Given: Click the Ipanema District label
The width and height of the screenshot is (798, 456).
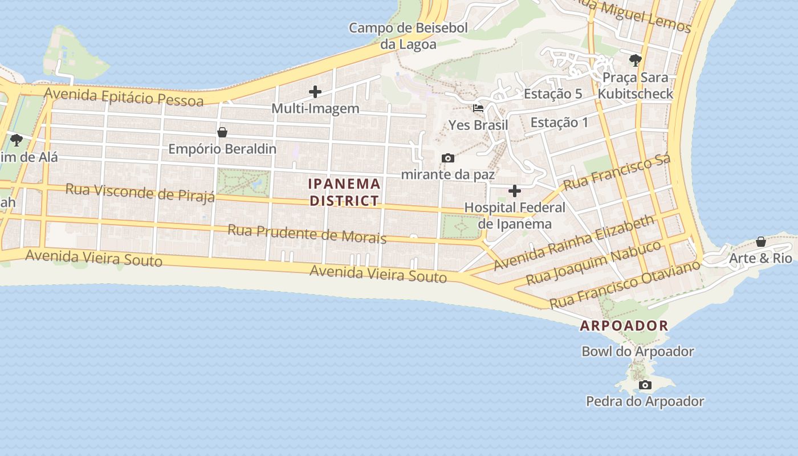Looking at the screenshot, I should (344, 192).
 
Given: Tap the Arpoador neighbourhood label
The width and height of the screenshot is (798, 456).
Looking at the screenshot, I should (624, 326).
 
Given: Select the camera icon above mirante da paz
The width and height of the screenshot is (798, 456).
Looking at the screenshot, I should (448, 158).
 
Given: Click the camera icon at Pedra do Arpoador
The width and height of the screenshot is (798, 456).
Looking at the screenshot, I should (645, 385).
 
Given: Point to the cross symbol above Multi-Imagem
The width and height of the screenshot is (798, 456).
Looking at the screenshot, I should (315, 91).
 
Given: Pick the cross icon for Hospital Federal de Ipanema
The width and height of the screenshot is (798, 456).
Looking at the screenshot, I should (515, 191).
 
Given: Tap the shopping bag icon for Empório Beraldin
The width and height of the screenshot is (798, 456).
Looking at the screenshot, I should (222, 132).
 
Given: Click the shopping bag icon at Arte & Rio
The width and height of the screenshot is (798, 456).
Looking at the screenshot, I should (760, 242).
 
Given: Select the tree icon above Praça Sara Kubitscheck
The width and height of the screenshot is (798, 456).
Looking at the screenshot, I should (635, 60).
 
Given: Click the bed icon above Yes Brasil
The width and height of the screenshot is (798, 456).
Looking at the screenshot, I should (478, 108).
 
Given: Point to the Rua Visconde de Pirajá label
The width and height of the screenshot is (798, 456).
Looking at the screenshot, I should (140, 192).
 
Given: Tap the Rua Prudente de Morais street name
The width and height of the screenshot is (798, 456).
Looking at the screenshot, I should (307, 234).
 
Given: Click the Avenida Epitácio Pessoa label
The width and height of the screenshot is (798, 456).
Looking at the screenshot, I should (124, 96).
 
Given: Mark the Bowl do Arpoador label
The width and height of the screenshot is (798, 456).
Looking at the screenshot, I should (637, 351).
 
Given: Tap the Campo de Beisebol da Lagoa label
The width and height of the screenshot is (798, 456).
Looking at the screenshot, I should (408, 36).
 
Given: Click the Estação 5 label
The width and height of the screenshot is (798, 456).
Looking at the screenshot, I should (552, 94).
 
